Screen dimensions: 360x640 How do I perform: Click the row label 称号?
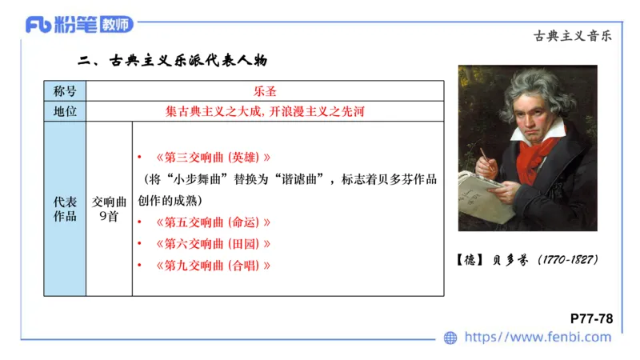65,91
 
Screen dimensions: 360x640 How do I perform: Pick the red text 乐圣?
265,91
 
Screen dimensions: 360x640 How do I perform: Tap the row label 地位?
65,111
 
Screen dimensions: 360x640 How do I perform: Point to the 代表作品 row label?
65,209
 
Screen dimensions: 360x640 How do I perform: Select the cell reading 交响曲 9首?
109,209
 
